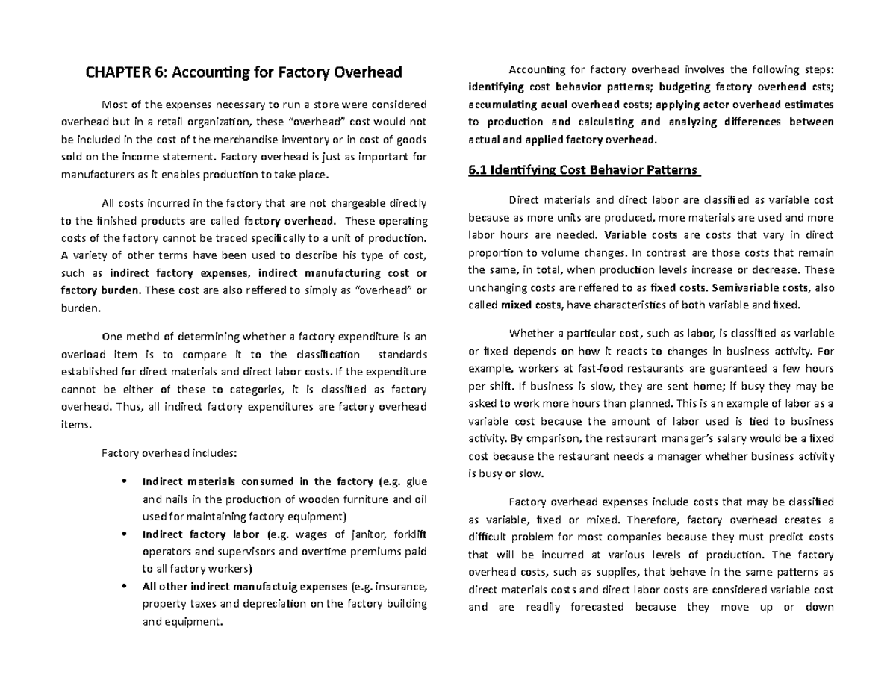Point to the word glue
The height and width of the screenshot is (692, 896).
pyautogui.click(x=415, y=481)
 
